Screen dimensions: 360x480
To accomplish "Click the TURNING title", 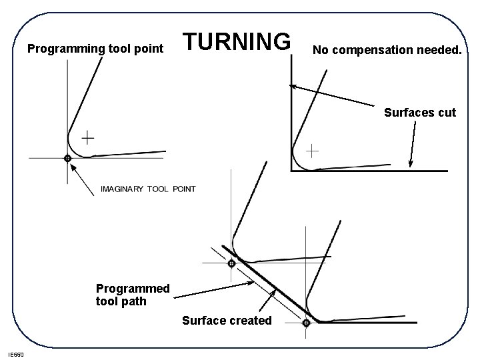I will tap(237, 41).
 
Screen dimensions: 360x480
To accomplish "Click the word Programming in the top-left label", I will tap(58, 48).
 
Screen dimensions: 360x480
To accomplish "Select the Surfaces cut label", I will tap(420, 113).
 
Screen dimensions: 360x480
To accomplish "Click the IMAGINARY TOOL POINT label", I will tap(147, 189).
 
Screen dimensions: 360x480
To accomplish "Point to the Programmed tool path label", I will tap(133, 295).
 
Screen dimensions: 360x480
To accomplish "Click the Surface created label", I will tap(227, 321).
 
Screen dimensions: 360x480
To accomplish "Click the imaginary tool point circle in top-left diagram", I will tap(67, 159).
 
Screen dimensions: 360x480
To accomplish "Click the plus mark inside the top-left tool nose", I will tap(88, 139).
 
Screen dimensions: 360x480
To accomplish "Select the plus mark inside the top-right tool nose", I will tap(312, 151).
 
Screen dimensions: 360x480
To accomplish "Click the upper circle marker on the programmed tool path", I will tap(231, 263).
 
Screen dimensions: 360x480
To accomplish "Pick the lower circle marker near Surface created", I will tap(306, 323).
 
